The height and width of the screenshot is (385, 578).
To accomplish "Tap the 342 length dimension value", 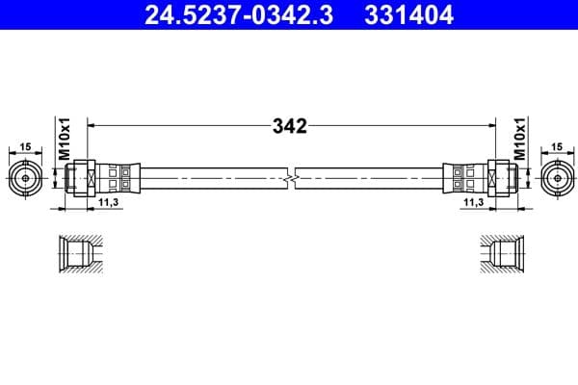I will click(288, 126).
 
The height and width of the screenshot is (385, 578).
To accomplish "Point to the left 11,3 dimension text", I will click(109, 203).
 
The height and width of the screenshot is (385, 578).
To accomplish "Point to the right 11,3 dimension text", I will click(472, 203).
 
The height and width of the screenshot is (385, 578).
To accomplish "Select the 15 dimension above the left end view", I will click(25, 146).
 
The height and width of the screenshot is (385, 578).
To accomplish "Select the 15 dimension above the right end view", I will click(557, 146).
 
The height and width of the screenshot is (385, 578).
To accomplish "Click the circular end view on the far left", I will click(25, 177).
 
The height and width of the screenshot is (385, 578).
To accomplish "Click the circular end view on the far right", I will click(557, 177).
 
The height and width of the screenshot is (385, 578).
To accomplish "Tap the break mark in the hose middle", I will click(290, 177).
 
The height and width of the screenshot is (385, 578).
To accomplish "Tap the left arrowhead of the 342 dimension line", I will click(92, 125).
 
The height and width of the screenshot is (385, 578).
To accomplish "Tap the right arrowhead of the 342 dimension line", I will click(488, 125).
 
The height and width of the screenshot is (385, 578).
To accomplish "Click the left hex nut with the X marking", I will click(85, 177).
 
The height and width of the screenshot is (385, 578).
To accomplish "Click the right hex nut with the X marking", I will click(496, 177).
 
